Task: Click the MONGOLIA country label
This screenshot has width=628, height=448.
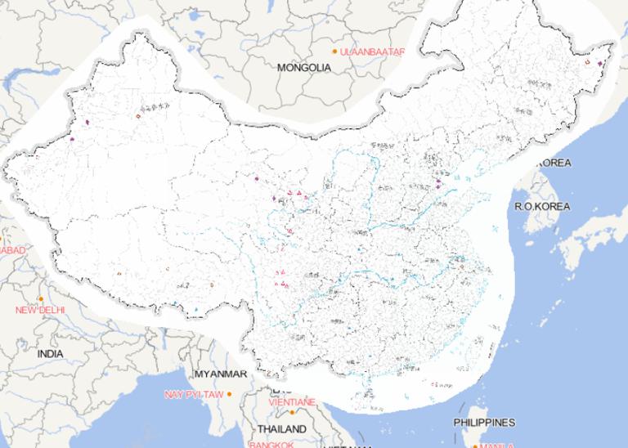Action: point(304,68)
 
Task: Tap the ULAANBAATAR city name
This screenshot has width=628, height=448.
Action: point(374,52)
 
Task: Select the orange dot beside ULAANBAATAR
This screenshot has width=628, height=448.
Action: point(334,52)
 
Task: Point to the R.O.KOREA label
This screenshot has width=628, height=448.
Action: point(542,207)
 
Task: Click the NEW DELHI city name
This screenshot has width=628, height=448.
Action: point(40,311)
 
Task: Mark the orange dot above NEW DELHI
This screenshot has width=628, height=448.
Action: point(40,299)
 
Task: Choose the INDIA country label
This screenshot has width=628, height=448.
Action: point(50,354)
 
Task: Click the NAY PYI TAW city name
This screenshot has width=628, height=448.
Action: point(193,394)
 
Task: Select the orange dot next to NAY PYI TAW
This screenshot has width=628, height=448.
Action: point(230,394)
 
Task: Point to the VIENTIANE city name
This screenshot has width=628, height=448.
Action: point(292,402)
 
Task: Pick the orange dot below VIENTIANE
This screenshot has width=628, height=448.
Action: point(292,412)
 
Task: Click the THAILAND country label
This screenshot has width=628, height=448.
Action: point(281,429)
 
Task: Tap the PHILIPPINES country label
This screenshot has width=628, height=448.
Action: point(485,423)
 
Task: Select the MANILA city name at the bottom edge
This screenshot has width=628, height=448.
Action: point(497,446)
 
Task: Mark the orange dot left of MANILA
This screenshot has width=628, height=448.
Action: point(475,446)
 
